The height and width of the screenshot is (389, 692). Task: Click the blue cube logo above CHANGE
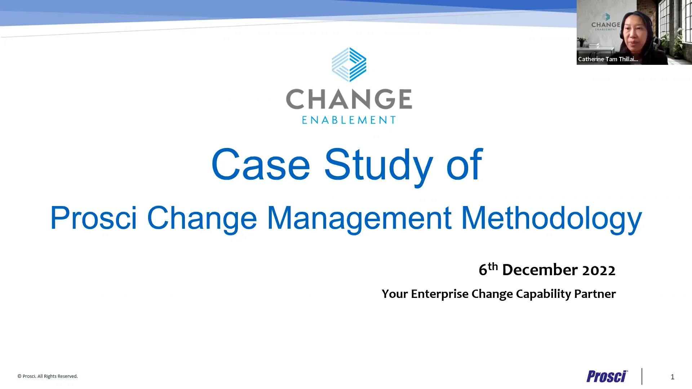pos(349,64)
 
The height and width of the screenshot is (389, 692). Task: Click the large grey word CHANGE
pos(349,99)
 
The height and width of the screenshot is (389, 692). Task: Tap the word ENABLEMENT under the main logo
pos(349,120)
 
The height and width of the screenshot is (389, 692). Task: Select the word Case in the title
pos(260,165)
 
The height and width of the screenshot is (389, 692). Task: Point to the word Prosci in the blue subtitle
pos(93,218)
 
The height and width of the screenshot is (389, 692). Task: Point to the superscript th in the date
pos(493,267)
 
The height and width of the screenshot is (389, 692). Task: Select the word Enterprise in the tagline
pos(439,294)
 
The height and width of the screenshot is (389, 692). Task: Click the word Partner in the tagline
pos(595,294)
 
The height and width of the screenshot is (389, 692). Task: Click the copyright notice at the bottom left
pos(48,376)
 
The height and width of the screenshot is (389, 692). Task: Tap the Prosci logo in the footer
pos(607,376)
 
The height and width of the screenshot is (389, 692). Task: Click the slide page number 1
pos(672,377)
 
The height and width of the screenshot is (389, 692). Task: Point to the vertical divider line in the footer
pos(642,376)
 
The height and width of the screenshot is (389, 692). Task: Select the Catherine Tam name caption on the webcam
pos(608,59)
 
